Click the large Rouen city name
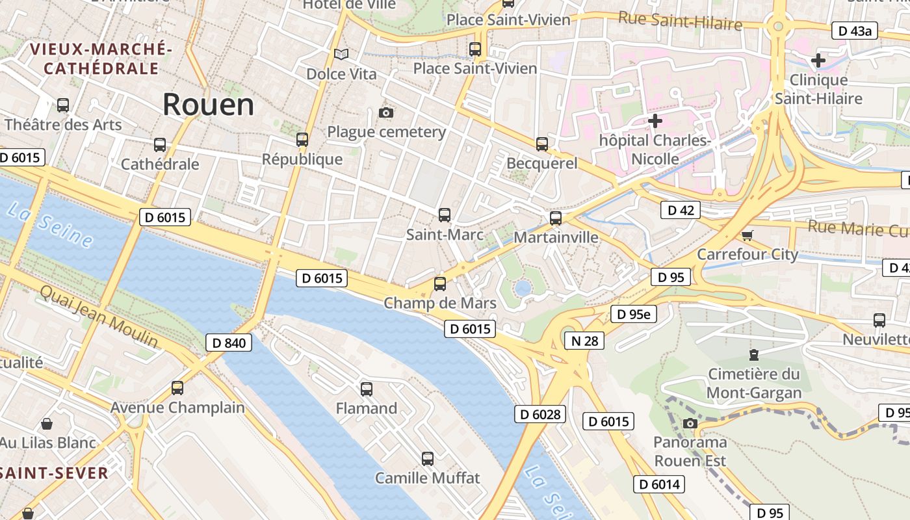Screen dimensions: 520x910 tap(208, 105)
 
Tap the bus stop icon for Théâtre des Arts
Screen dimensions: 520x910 tap(63, 105)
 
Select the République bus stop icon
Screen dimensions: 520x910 tap(302, 139)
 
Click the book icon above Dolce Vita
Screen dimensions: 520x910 tap(341, 54)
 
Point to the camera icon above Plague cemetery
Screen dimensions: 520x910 tap(385, 112)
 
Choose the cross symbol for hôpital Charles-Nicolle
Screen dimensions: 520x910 tap(655, 120)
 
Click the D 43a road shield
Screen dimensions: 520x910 tap(855, 31)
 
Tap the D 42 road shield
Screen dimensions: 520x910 tap(681, 210)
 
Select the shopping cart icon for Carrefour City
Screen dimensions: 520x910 tap(747, 235)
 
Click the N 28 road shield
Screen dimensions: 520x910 tap(584, 340)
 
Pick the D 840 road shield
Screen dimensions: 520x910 tap(229, 343)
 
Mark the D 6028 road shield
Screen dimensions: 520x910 tap(540, 414)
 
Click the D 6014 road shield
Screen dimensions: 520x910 tap(659, 484)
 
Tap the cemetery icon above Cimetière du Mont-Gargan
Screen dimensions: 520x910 tap(753, 355)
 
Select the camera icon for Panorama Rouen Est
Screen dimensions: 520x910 tap(690, 424)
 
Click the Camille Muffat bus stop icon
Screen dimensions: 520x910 tap(427, 458)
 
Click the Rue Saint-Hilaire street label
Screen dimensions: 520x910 tap(680, 21)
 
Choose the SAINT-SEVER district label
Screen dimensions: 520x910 tap(54, 473)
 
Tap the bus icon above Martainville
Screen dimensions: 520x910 tap(555, 218)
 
